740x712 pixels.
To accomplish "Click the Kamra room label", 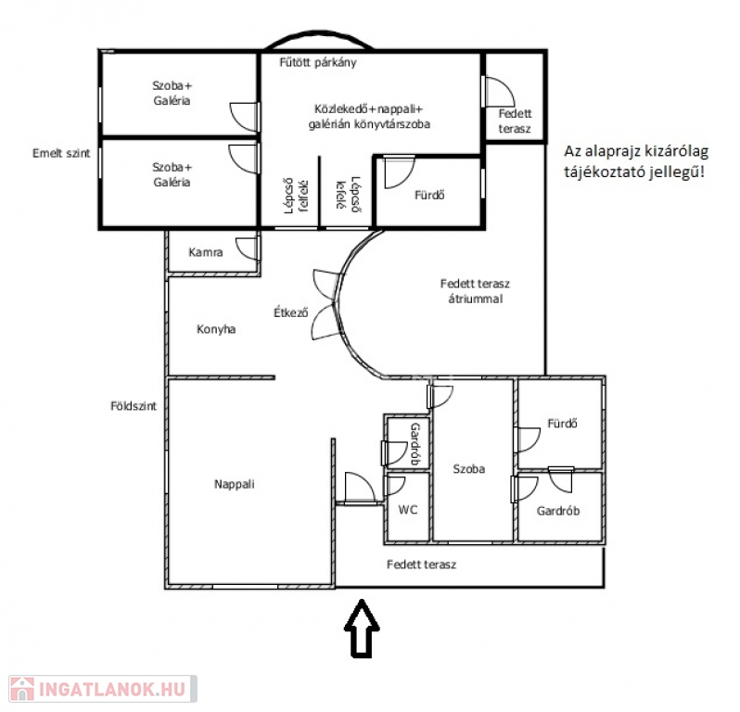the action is [205, 252].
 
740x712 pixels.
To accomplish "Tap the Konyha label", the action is [216, 329].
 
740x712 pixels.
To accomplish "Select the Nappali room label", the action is [234, 484].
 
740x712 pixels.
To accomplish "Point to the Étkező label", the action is [291, 312].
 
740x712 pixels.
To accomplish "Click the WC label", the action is [408, 510].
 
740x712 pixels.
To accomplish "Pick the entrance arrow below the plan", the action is [362, 629].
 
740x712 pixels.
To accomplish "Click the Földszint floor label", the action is [134, 406].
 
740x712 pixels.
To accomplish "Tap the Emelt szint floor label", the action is [61, 153].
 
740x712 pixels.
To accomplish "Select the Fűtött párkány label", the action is [318, 62].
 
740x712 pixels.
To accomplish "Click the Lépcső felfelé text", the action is [296, 196].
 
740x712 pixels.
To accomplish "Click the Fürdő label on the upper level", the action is [429, 195].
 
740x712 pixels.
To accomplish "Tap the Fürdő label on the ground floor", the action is [562, 424].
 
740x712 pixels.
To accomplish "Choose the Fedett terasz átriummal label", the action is [475, 291].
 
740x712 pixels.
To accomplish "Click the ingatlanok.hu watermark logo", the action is [103, 690].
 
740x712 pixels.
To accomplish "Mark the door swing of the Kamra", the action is [248, 248].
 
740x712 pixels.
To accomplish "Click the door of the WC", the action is [395, 486].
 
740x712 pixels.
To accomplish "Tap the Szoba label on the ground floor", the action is [468, 469].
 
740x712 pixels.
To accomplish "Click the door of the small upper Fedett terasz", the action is [498, 91].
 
